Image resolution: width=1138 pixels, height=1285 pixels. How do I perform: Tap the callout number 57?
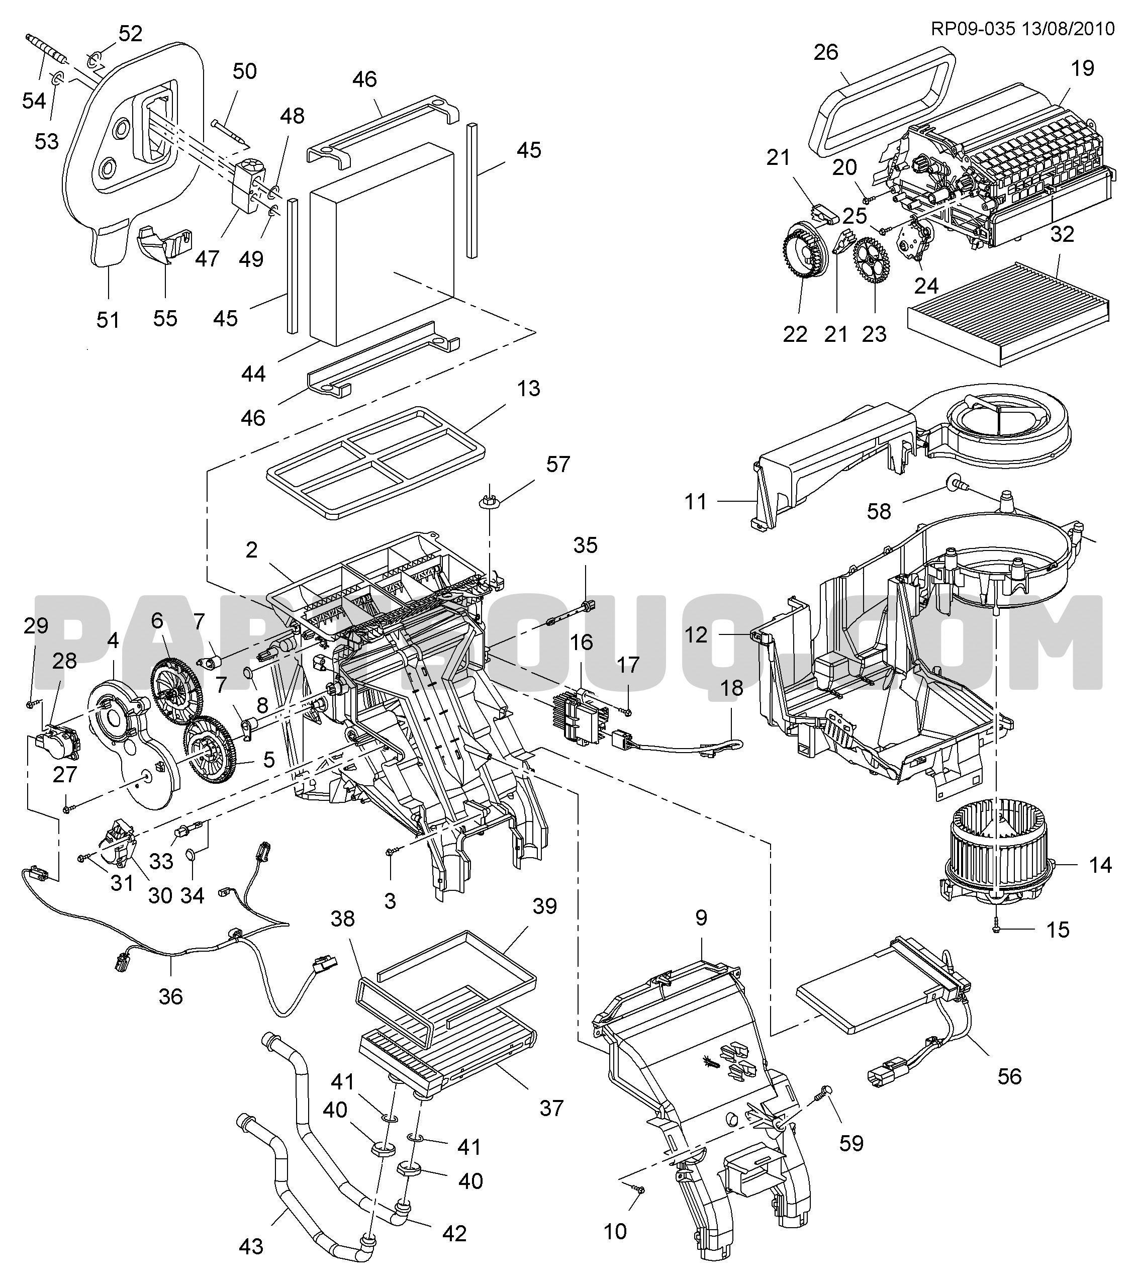(557, 465)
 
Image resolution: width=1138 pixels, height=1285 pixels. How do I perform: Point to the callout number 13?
(528, 388)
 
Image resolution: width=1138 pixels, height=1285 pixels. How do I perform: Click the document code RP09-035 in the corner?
(972, 29)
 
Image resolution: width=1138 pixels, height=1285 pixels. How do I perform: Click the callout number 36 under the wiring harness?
(170, 996)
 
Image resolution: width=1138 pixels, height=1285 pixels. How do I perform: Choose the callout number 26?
(825, 52)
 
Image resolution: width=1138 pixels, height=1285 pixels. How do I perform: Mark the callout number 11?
(695, 501)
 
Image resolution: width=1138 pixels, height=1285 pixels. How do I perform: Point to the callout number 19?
(1082, 68)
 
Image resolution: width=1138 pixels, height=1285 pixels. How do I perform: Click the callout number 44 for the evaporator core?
(253, 374)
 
